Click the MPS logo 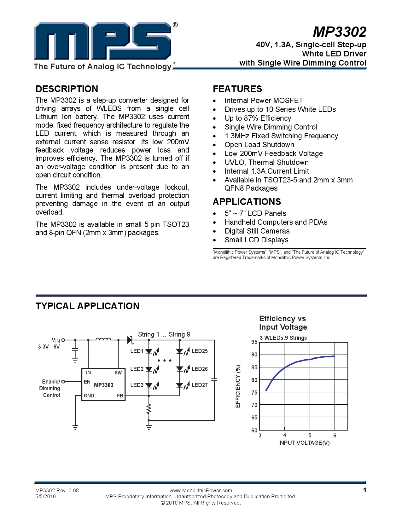103,41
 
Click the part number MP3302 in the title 340,32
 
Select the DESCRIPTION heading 67,89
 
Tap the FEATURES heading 237,89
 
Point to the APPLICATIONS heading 247,202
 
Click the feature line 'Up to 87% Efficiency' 258,118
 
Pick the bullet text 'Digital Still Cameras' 257,231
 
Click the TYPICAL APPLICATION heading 87,306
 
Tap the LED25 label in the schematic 200,351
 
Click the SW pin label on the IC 118,373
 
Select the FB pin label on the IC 120,396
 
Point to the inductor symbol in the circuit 103,339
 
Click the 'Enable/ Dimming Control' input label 50,388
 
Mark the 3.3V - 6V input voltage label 49,347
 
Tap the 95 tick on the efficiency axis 254,342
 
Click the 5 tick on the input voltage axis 310,436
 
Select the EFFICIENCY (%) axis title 238,386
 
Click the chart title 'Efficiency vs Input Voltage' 283,323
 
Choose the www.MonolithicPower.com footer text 201,490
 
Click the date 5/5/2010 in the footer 46,496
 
